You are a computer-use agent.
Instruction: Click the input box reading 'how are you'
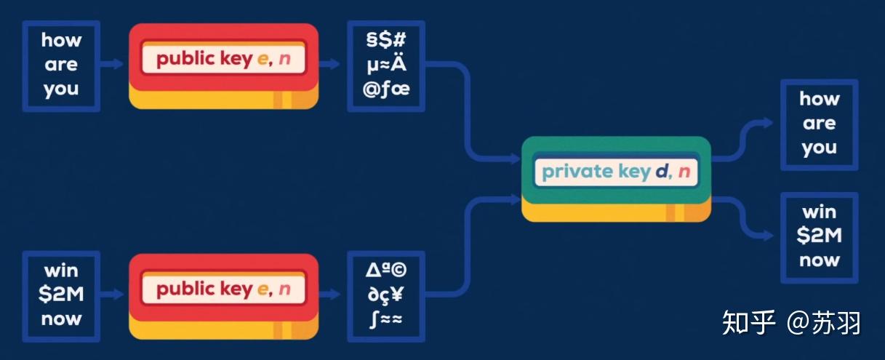tap(61, 65)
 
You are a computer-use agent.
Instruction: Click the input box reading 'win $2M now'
tap(61, 295)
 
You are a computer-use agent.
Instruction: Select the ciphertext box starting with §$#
tap(385, 65)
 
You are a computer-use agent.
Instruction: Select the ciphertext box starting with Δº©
tap(385, 295)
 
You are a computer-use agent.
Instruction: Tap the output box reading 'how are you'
tap(819, 124)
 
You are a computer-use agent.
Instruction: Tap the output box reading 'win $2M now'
tap(819, 237)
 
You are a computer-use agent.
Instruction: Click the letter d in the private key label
tap(661, 172)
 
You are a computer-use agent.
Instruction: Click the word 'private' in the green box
tap(573, 172)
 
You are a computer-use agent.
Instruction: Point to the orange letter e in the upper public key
tap(263, 59)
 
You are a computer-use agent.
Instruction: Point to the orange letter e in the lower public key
tap(263, 289)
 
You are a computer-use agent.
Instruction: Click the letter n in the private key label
tap(684, 172)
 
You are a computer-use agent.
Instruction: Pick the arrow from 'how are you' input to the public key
tap(113, 64)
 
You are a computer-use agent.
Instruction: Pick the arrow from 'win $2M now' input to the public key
tap(113, 295)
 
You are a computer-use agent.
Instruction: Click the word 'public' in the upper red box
tap(183, 59)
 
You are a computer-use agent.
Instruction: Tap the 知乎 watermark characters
tap(749, 322)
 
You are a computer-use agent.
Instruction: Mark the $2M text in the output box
tap(819, 236)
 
